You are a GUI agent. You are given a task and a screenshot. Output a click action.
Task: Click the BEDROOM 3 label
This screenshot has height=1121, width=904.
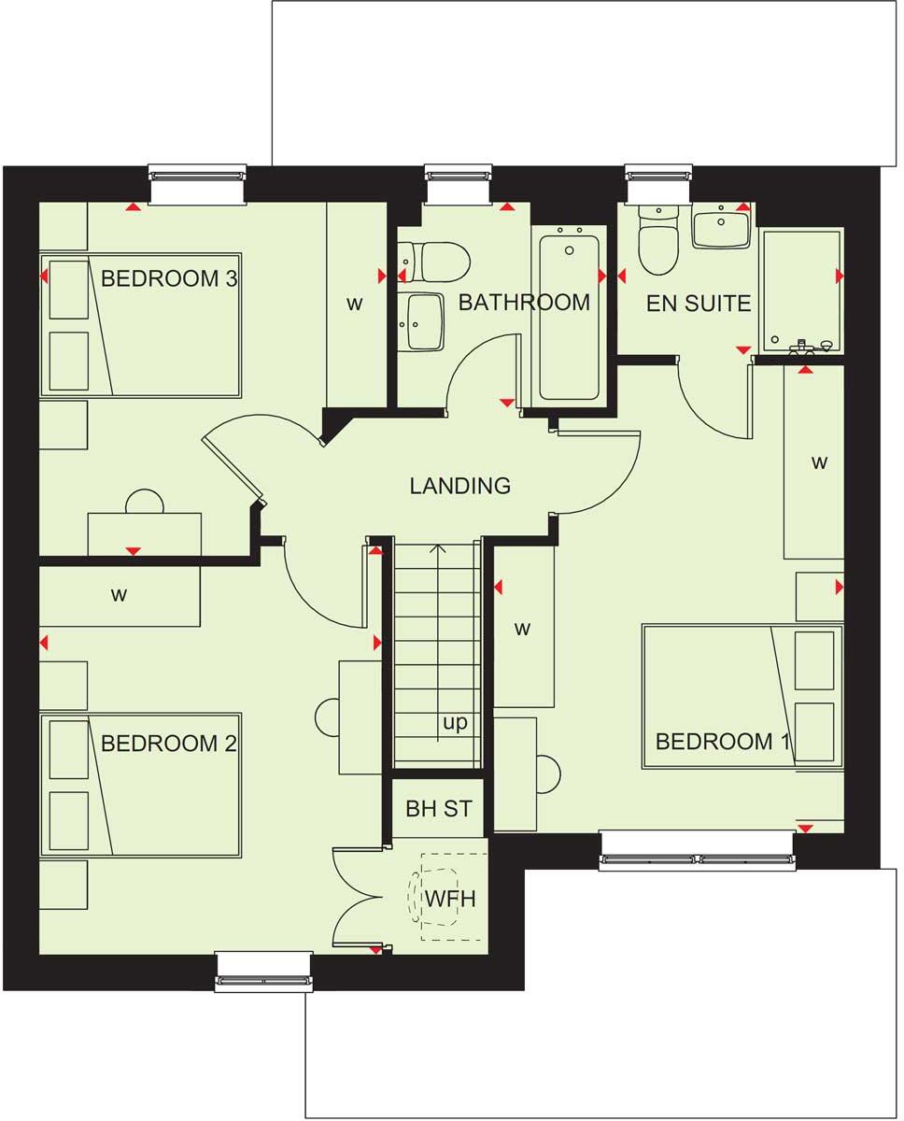[x=169, y=278]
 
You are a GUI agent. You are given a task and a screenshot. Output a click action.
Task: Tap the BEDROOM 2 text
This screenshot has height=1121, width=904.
[x=169, y=744]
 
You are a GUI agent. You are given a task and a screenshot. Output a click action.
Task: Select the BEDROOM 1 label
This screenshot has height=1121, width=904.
[x=723, y=742]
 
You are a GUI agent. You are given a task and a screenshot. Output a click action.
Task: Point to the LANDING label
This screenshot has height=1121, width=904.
[x=460, y=486]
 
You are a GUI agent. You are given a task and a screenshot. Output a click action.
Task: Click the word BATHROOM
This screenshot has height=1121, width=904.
[x=524, y=303]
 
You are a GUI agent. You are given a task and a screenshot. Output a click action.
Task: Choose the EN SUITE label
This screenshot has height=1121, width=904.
[x=699, y=303]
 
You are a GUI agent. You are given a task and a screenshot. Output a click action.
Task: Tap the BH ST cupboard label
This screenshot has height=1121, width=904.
[x=439, y=809]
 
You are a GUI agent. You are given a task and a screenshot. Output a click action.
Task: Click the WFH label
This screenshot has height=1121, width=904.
[x=451, y=899]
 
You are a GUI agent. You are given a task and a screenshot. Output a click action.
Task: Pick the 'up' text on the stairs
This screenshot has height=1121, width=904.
[x=455, y=723]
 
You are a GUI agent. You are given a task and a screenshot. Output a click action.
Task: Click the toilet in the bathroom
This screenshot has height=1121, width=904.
[x=435, y=262]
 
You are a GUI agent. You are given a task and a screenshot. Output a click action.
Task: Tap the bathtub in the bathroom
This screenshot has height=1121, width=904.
[x=569, y=316]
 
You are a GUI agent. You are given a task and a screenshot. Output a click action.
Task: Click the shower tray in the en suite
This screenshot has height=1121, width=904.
[x=801, y=290]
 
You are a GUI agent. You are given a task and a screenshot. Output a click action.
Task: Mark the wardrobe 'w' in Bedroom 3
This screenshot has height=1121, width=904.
[x=355, y=304]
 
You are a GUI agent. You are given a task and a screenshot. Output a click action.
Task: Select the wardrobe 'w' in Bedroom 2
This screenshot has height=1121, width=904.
[x=120, y=594]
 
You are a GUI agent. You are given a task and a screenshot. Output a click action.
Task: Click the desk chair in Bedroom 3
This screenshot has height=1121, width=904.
[x=144, y=502]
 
